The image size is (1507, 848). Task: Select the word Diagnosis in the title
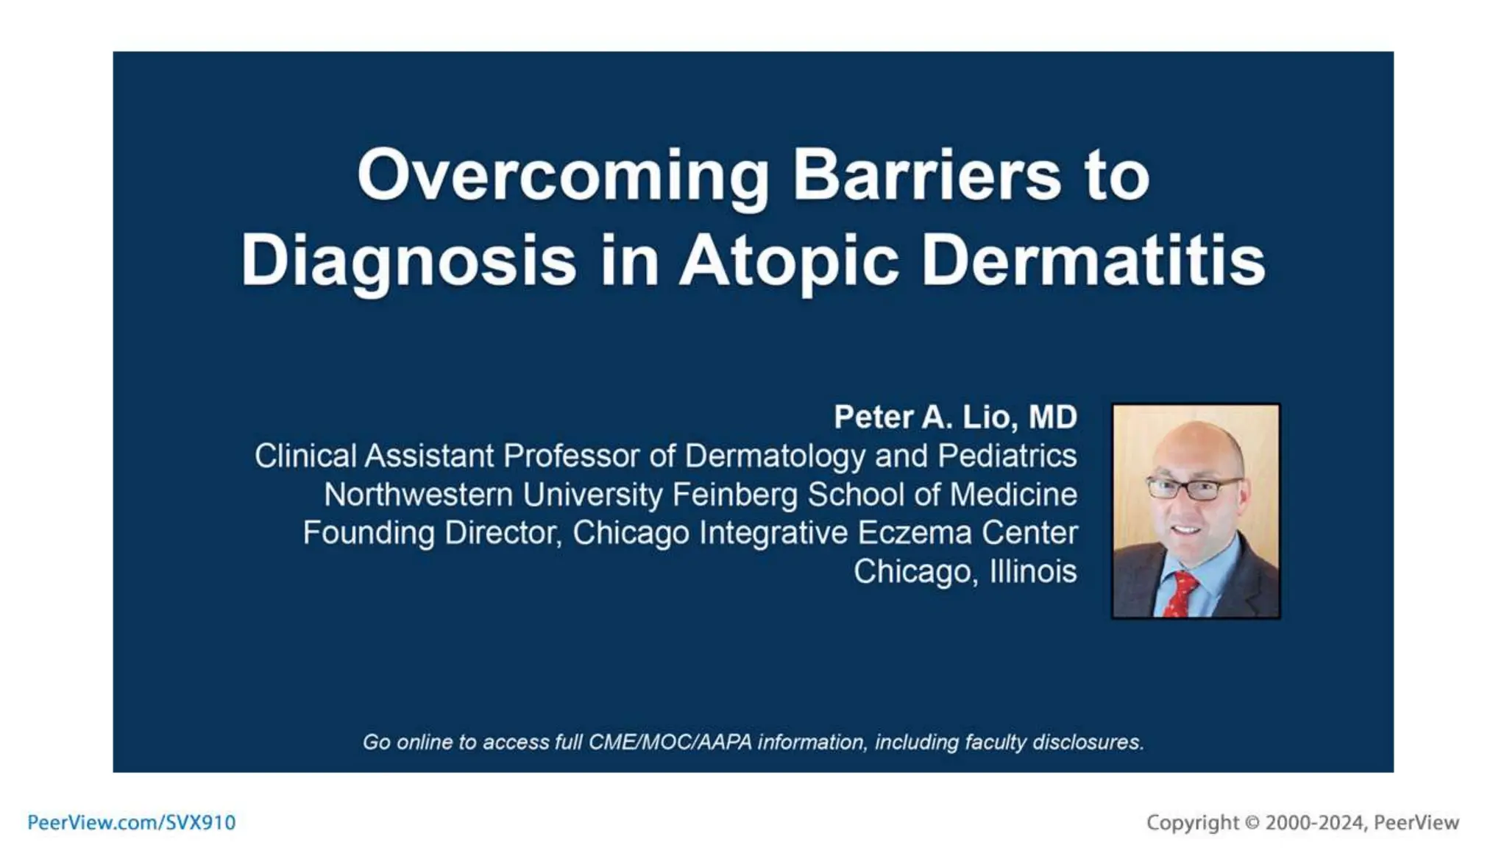[408, 261]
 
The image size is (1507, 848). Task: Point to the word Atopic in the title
[788, 261]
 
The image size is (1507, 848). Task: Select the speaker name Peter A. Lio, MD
[954, 417]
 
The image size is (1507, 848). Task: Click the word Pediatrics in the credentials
[1007, 456]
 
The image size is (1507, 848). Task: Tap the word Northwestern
[418, 495]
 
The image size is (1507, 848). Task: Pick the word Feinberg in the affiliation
[734, 495]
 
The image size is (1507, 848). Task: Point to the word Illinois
[1032, 571]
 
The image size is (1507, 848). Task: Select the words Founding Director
[432, 533]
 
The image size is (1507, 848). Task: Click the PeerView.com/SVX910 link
[131, 822]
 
